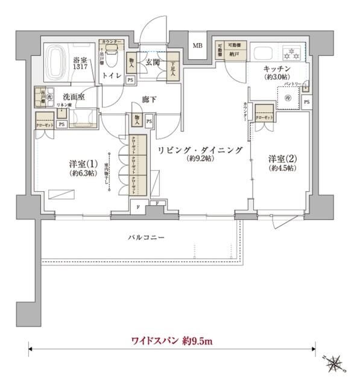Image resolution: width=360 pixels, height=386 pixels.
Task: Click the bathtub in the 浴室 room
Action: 57,62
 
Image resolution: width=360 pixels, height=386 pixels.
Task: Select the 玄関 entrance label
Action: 151,62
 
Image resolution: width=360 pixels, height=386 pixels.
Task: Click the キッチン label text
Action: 277,69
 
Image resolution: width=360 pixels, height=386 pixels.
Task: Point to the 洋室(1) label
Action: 81,163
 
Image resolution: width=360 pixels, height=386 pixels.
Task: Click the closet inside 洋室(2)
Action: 265,113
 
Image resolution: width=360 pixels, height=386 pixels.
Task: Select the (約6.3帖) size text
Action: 81,173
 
